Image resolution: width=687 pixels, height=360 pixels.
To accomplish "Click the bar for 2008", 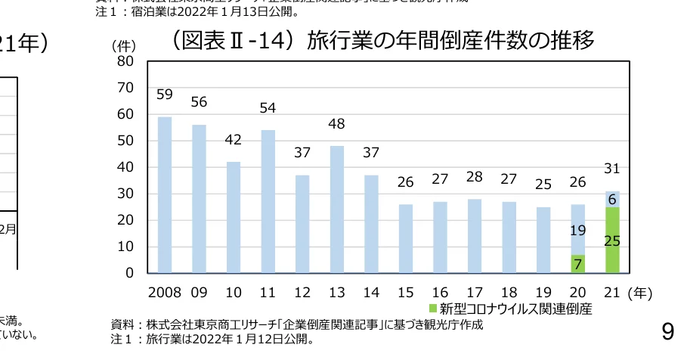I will (x=164, y=194).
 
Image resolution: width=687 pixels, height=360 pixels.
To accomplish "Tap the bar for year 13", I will (x=337, y=209).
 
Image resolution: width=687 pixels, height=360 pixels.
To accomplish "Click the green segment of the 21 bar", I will (x=612, y=240).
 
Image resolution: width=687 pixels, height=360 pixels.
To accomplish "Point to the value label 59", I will (x=165, y=95).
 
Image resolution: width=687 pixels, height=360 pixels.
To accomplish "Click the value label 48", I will (x=337, y=123).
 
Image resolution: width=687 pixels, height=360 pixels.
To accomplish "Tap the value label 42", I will (x=234, y=139).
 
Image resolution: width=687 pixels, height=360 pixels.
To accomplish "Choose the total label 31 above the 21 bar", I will (x=612, y=168).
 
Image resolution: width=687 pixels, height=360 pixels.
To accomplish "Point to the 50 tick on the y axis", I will (x=125, y=141).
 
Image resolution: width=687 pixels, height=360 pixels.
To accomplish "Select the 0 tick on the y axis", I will (x=129, y=273).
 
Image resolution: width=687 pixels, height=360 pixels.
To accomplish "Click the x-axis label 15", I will (x=406, y=292).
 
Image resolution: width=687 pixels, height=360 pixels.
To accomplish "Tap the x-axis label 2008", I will (x=164, y=292).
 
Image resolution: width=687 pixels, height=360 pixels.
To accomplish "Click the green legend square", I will (x=433, y=309).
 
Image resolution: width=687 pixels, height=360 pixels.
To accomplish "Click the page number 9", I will (x=667, y=331).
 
